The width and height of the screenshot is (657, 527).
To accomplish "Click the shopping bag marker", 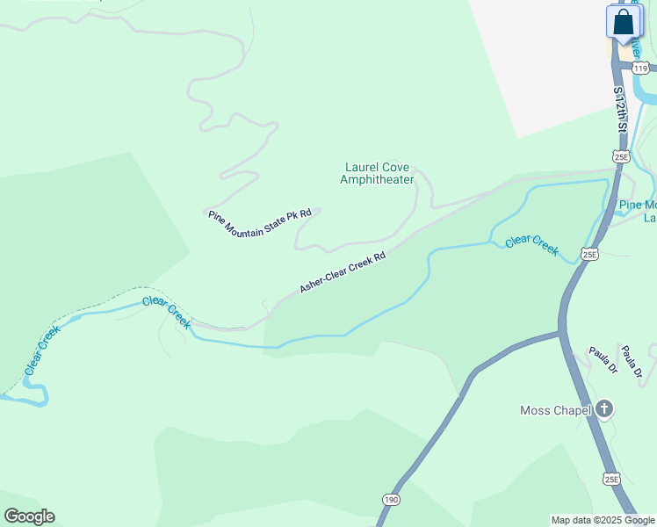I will point(623,22).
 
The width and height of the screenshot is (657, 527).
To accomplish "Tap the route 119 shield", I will point(640,68).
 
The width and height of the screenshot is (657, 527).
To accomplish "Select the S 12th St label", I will point(621,110).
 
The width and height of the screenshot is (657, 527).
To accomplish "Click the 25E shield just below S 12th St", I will point(622,156).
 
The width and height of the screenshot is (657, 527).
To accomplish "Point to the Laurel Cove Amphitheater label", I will point(377,173).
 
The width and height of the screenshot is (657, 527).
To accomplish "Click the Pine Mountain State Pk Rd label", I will point(260,226).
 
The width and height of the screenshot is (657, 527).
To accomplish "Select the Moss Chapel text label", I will point(556,409).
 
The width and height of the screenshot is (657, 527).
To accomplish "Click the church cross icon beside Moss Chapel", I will point(603,408).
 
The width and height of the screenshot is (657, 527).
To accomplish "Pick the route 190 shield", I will point(391,498).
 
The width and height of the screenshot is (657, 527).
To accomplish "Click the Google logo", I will point(29,516).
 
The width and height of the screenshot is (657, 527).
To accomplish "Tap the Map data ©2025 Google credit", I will point(603,520).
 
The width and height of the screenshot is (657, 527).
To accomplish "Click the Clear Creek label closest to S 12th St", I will point(531,243).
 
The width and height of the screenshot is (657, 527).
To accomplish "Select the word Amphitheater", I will point(377,180).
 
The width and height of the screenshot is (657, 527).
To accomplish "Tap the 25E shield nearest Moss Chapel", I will point(612,479).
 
